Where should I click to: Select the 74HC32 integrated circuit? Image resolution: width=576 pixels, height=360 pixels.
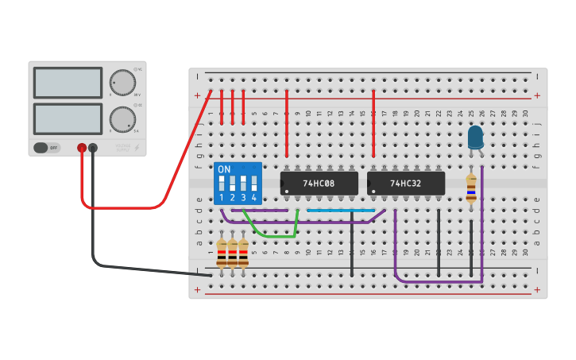tap(406, 184)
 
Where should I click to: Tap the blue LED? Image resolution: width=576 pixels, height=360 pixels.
tap(475, 137)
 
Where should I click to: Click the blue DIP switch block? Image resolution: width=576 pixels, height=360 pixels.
tap(238, 184)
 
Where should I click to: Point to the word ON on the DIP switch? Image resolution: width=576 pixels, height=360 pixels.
tap(224, 170)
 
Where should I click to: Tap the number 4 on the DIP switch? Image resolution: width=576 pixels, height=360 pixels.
tap(254, 197)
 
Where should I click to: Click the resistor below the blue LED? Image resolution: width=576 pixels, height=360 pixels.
tap(471, 189)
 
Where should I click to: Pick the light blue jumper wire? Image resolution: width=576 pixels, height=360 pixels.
tap(340, 211)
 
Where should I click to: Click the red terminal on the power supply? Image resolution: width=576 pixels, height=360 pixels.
tap(82, 148)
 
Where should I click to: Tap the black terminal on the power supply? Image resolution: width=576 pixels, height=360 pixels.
tap(93, 148)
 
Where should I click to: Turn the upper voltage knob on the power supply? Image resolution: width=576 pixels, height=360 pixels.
tap(122, 82)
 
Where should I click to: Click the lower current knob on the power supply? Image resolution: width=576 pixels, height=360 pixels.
tap(122, 119)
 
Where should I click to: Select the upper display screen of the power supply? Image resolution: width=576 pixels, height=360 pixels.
tap(68, 83)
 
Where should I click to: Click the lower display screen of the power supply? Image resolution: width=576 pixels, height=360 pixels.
tap(68, 118)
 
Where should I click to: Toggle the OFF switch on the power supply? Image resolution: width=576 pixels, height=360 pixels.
tap(47, 148)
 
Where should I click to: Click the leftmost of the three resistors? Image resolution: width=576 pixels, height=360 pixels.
tap(222, 252)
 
